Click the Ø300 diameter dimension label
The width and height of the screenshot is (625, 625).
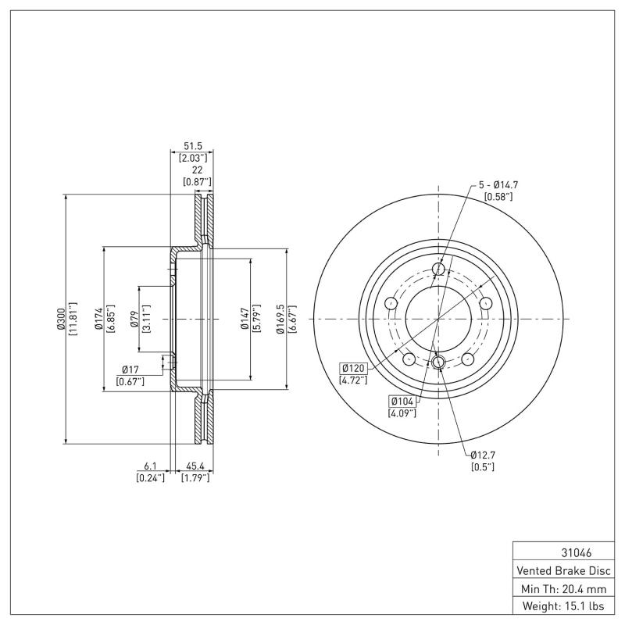pos(60,318)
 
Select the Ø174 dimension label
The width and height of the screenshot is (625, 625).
pos(99,318)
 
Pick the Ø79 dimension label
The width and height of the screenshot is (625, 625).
pos(134,318)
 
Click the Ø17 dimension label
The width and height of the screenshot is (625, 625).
pos(130,370)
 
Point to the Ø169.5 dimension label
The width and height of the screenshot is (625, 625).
pos(281,318)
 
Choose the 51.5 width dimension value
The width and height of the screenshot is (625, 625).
pos(192,146)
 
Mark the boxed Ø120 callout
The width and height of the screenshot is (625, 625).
pos(355,368)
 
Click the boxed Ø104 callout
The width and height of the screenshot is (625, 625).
pos(402,401)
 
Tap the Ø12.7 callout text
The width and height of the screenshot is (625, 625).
pos(483,455)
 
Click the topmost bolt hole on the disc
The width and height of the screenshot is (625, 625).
pos(438,270)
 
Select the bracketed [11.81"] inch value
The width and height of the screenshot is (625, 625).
pos(73,318)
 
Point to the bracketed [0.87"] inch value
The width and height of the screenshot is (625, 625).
pos(197,181)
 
